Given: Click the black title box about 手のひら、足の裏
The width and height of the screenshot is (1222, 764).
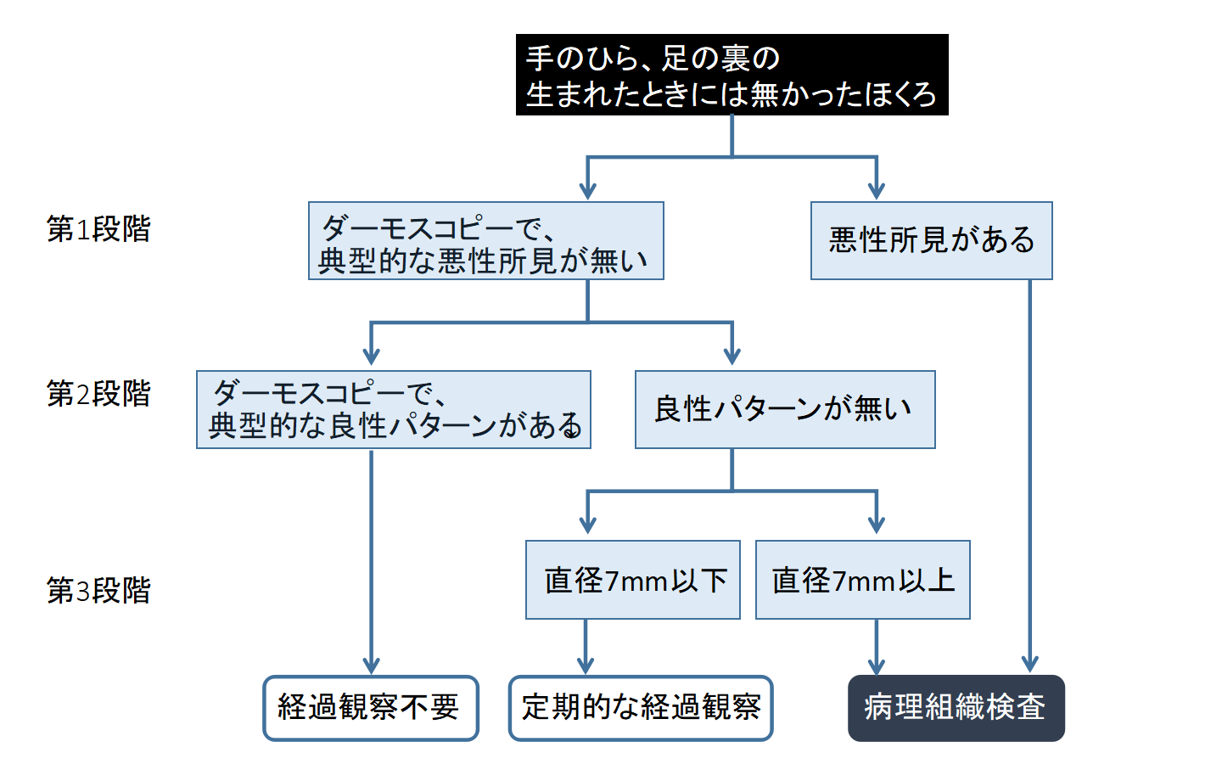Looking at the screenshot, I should pos(732,75).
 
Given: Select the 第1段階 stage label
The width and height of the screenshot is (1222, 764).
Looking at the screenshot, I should pos(98,229).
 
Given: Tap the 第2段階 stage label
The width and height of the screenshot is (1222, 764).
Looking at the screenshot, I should pos(98,394).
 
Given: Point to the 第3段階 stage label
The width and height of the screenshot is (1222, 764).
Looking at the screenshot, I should pos(98,590).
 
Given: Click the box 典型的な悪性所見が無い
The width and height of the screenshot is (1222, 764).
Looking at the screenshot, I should pos(485,241).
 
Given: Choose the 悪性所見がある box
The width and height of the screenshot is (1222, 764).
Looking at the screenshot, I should pos(931,241).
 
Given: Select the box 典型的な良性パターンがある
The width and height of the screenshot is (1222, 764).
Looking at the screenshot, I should pos(393,409).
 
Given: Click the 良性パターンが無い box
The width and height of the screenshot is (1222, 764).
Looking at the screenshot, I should pos(785,409).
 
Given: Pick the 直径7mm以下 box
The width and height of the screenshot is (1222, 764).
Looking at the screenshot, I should pos(633,580).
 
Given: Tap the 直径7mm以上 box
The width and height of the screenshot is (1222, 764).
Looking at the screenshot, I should pos(862,580).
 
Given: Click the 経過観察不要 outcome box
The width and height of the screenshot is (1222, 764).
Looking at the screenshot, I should pos(371,708).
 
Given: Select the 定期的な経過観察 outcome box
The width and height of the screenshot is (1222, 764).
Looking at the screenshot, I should pos(641,708).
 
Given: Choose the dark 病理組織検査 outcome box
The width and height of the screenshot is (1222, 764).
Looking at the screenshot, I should pos(956,708).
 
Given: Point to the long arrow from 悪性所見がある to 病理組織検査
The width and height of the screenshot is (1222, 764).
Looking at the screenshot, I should pos(1030,475).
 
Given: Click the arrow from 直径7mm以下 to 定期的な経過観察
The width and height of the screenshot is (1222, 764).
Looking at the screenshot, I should pos(586,647).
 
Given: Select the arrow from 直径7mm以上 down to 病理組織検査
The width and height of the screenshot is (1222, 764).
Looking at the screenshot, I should pos(877,647).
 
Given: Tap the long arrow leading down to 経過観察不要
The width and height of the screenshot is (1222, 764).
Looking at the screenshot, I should pos(371,560).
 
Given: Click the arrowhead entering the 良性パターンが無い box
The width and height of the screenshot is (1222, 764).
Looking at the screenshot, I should pos(732,355).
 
